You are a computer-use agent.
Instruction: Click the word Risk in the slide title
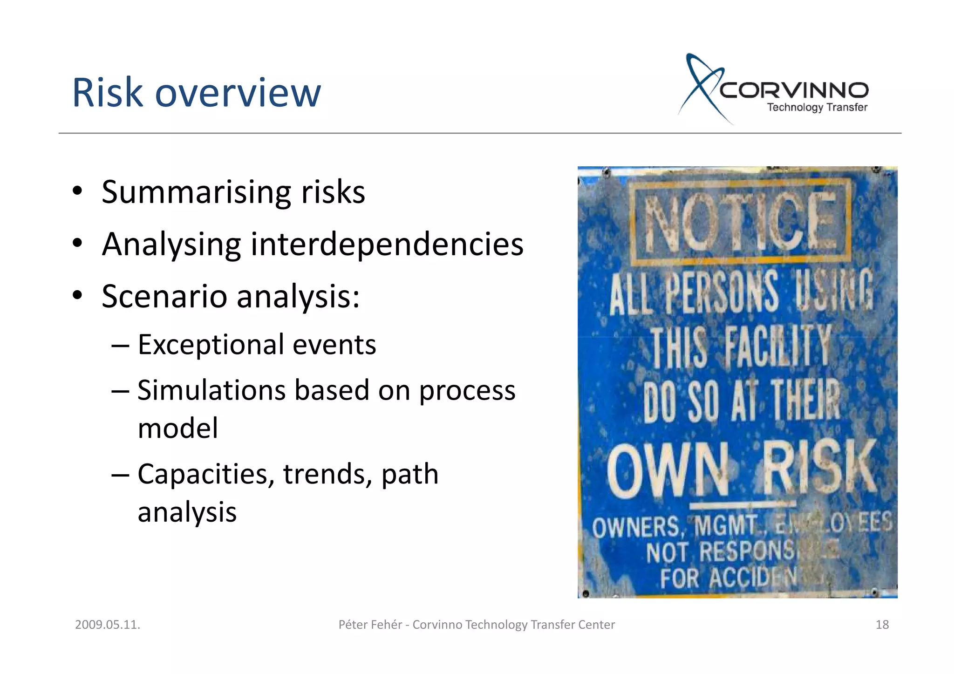coord(107,93)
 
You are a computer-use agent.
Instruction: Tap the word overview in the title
coord(238,93)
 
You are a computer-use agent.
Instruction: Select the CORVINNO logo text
coord(794,90)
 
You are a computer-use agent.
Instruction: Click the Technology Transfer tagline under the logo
coord(817,108)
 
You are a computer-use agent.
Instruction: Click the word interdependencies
coord(387,244)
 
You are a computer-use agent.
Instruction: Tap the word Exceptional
coord(211,345)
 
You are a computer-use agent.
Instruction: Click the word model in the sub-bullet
coord(177,428)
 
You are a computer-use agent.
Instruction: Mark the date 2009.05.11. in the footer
coord(108,625)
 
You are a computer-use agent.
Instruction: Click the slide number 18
coord(882,625)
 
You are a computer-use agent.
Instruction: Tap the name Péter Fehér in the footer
coord(370,625)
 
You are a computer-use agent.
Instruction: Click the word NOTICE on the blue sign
coord(740,221)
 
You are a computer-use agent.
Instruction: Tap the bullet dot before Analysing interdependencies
coord(77,243)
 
